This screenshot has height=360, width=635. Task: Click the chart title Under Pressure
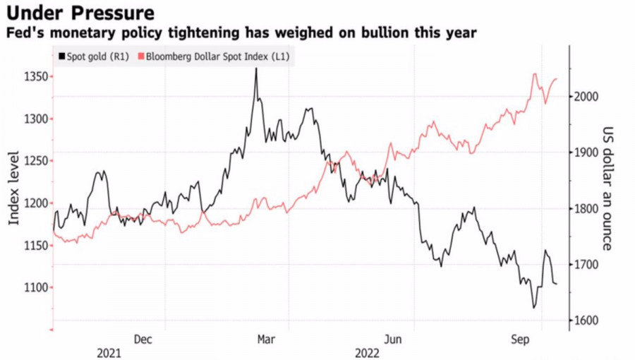(80, 13)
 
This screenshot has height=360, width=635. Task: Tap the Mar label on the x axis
(265, 340)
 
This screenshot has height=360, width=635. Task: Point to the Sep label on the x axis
(519, 340)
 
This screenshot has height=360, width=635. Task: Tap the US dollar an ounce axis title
(607, 189)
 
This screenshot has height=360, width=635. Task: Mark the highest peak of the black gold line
(255, 68)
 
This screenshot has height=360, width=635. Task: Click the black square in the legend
(62, 56)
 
